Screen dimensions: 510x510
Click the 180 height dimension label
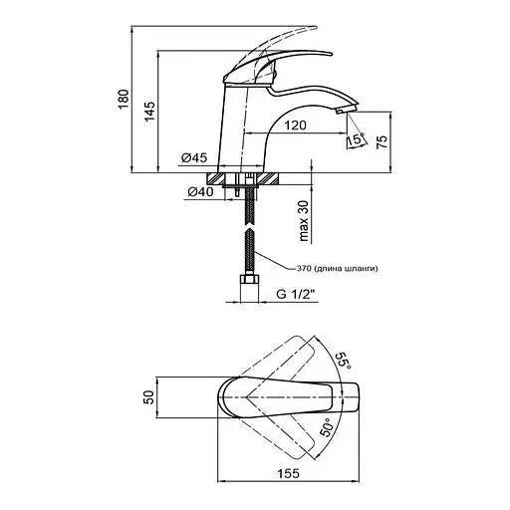124,99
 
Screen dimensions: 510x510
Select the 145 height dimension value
149,112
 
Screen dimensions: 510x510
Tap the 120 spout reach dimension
295,126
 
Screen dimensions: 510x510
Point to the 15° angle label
356,138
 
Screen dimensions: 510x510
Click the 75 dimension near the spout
382,141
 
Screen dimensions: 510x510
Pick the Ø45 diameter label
194,157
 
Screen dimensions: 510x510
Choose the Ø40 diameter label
200,191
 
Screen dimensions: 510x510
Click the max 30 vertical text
304,220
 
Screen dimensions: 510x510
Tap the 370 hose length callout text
338,268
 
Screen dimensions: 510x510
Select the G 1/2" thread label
295,294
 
